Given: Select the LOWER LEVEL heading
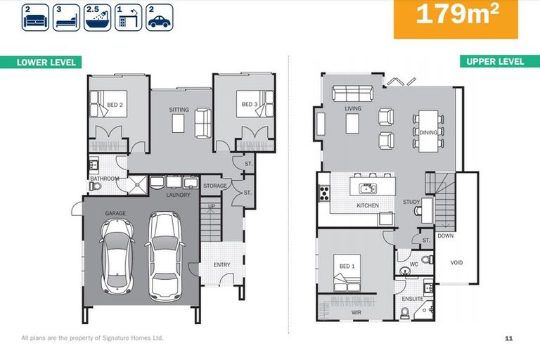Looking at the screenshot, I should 46,63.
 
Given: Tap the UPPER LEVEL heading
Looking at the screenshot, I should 495,62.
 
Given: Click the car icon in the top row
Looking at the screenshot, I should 160,18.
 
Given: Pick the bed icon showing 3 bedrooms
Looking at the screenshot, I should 65,18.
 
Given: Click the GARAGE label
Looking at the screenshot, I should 115,212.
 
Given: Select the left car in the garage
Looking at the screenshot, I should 117,254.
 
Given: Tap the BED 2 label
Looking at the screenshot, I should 115,105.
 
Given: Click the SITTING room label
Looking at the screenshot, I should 179,110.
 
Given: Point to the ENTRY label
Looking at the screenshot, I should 222,264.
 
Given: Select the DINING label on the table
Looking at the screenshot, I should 428,132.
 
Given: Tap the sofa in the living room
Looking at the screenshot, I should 352,94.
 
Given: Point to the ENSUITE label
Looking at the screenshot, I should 413,299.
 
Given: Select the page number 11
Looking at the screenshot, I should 508,338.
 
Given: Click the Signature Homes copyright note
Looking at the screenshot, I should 92,338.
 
